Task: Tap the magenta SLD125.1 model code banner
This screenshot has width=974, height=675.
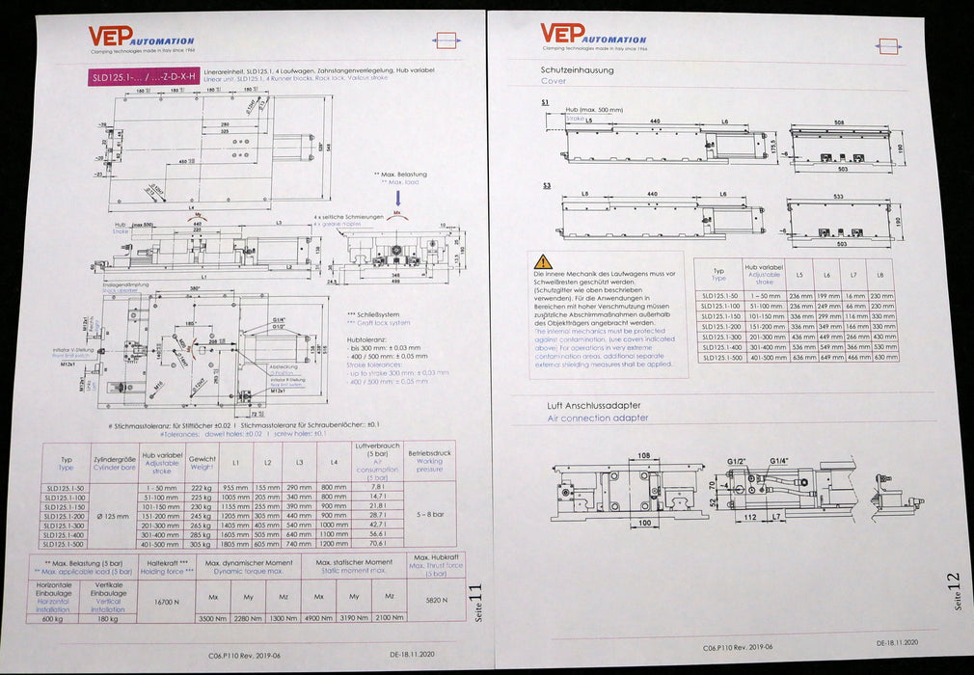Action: coord(144,76)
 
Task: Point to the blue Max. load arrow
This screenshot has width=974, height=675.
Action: coord(399,198)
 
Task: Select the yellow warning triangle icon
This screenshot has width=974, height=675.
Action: coord(544,261)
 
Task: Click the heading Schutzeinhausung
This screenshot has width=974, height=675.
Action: coord(578,69)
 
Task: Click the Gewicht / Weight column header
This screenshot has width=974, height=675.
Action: coord(203,462)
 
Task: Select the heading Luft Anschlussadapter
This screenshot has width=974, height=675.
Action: coord(590,406)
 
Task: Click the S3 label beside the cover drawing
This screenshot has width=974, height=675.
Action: coord(546,184)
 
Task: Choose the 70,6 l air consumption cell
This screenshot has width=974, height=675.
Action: coord(377,543)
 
